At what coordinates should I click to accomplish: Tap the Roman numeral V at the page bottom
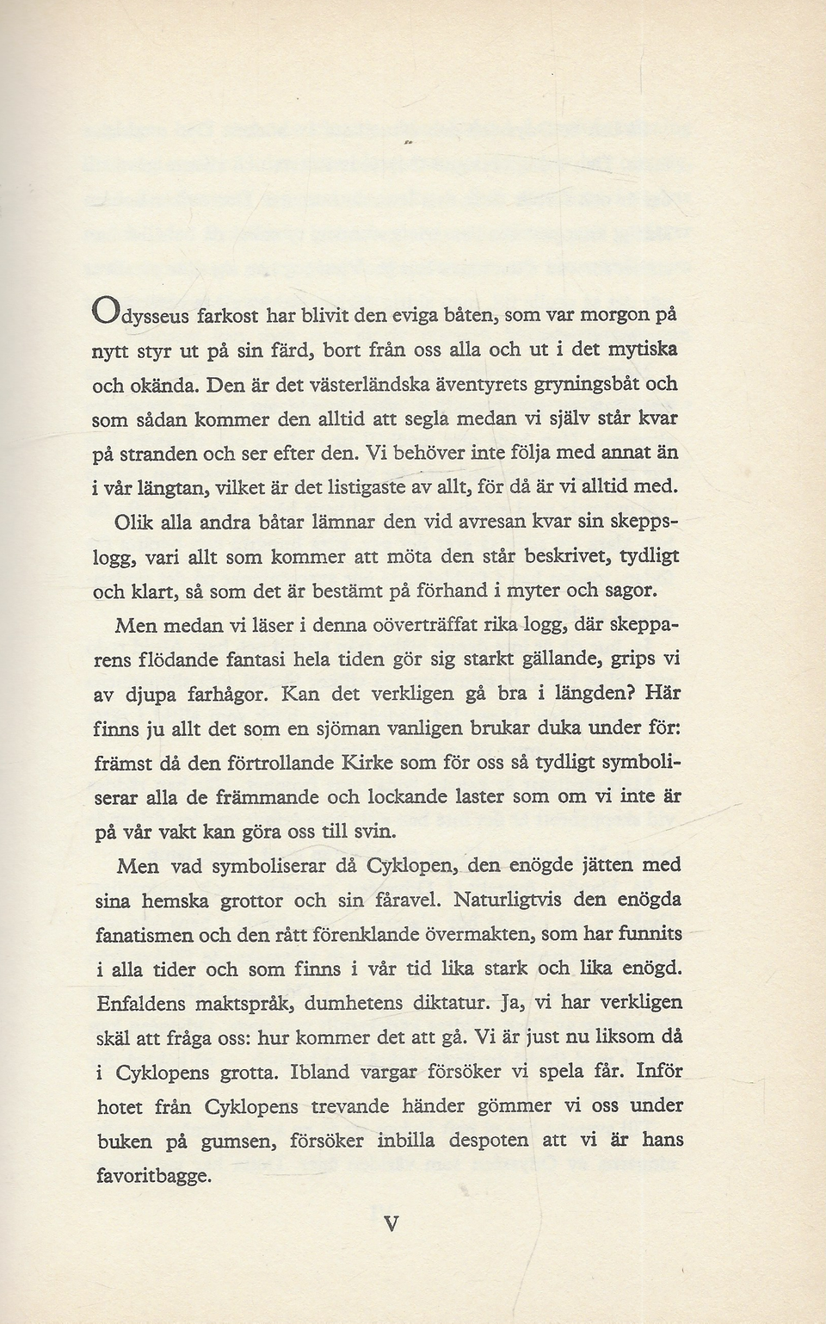coord(391,1223)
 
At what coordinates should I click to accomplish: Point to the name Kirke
coord(367,762)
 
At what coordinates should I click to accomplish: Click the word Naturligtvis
coord(508,900)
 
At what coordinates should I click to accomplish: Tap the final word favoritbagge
coord(152,1176)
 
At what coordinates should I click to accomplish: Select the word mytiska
coord(641,349)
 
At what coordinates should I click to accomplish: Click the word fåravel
coord(404,900)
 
